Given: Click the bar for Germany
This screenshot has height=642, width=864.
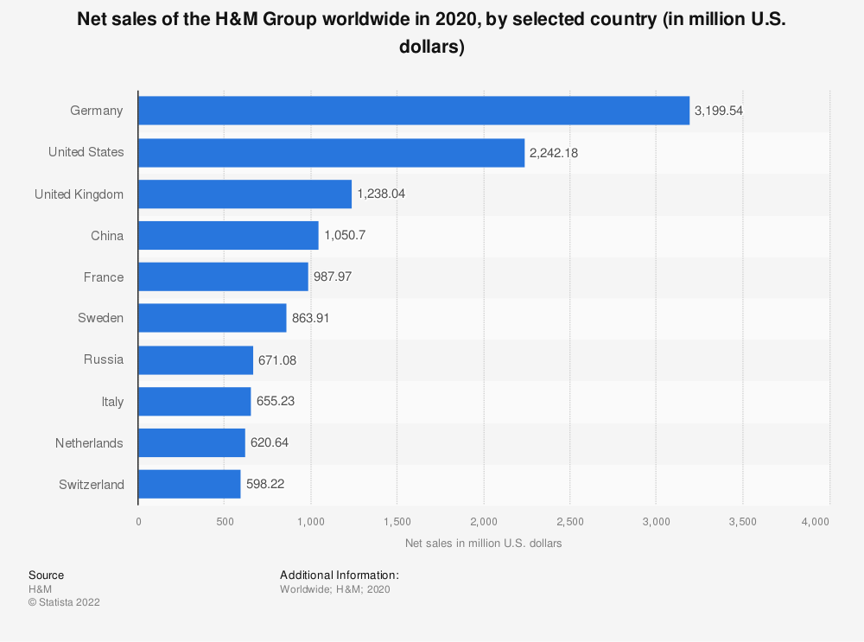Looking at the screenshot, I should tap(414, 111).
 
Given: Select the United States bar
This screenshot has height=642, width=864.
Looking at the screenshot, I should tap(331, 152).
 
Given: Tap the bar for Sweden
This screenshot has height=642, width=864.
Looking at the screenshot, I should tap(212, 318).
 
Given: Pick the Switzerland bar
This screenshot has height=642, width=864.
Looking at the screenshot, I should tap(189, 484).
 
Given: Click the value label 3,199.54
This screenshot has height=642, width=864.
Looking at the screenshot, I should tap(719, 111).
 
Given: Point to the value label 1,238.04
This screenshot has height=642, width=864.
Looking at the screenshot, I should tap(381, 194).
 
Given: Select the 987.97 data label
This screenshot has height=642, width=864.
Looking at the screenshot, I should tap(333, 277).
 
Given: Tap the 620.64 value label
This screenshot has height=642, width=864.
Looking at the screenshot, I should tap(270, 443).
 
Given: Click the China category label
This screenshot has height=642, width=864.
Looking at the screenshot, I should tap(108, 236).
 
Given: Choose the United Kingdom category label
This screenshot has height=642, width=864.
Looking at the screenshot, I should tap(79, 194).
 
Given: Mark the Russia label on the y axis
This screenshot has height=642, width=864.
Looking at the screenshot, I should tap(104, 359).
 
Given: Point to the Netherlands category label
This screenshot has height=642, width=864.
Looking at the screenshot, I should tap(89, 443).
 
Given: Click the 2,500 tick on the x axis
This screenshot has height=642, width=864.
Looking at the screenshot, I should tap(570, 521).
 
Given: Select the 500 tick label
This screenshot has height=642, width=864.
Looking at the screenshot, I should tap(225, 521).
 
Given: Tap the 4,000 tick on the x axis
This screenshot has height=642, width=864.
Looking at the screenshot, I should tap(816, 521).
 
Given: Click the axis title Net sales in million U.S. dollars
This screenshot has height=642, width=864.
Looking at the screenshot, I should tap(483, 543).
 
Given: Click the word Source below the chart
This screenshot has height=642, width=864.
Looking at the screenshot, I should tap(46, 575).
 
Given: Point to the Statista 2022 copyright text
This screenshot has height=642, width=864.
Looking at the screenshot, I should tap(64, 602).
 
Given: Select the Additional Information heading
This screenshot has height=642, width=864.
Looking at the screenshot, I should tap(339, 575).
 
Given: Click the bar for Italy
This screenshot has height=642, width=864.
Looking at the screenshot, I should tap(194, 401).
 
